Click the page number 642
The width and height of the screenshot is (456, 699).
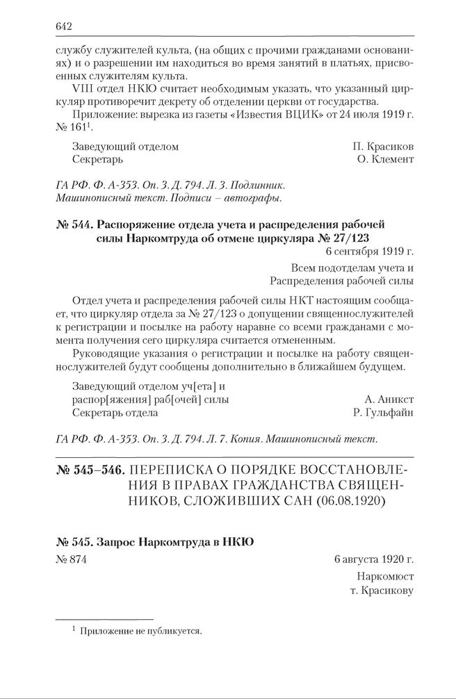point(63,26)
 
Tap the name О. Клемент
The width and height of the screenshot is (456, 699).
point(384,159)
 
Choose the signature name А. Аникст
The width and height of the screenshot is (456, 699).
point(389,400)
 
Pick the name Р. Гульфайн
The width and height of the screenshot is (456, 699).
point(384,413)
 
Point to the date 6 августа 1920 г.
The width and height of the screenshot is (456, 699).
point(373,561)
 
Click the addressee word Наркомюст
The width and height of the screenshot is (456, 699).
point(384,577)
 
